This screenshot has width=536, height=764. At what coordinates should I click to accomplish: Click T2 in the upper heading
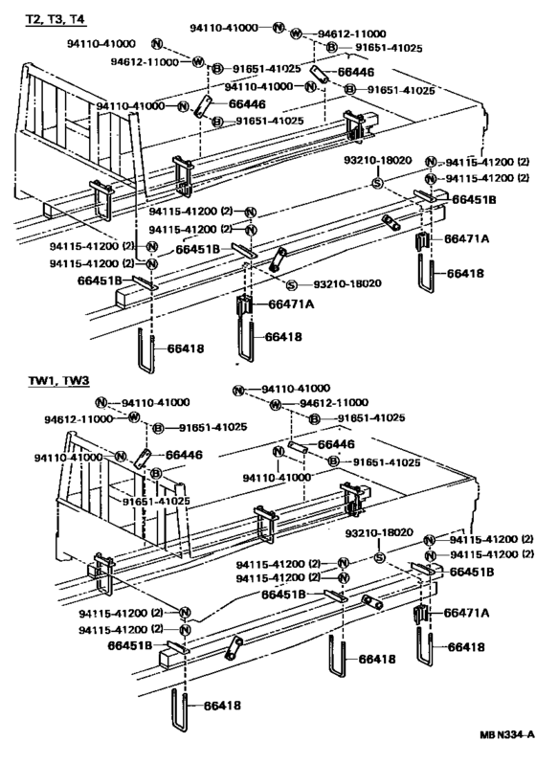[33, 19]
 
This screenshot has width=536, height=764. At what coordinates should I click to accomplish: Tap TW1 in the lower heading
[41, 380]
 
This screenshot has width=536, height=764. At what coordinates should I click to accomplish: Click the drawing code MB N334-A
[506, 749]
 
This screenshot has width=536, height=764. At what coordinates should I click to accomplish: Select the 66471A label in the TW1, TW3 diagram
[466, 613]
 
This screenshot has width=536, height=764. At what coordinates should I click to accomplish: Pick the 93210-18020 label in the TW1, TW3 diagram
[379, 533]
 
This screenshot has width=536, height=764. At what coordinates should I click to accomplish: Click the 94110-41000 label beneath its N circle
[277, 477]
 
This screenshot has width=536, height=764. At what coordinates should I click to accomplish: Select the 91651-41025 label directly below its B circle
[156, 502]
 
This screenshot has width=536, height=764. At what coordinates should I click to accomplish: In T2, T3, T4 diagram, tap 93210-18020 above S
[378, 160]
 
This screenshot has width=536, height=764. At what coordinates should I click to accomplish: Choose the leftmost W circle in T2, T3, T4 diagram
[198, 61]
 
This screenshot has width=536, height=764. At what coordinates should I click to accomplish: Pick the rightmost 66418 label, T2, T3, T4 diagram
[465, 274]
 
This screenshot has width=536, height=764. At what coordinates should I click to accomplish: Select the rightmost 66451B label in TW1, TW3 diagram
[471, 572]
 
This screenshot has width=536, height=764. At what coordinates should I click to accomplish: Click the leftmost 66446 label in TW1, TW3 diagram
[184, 455]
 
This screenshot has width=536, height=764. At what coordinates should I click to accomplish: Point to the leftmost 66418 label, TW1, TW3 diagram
[222, 705]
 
